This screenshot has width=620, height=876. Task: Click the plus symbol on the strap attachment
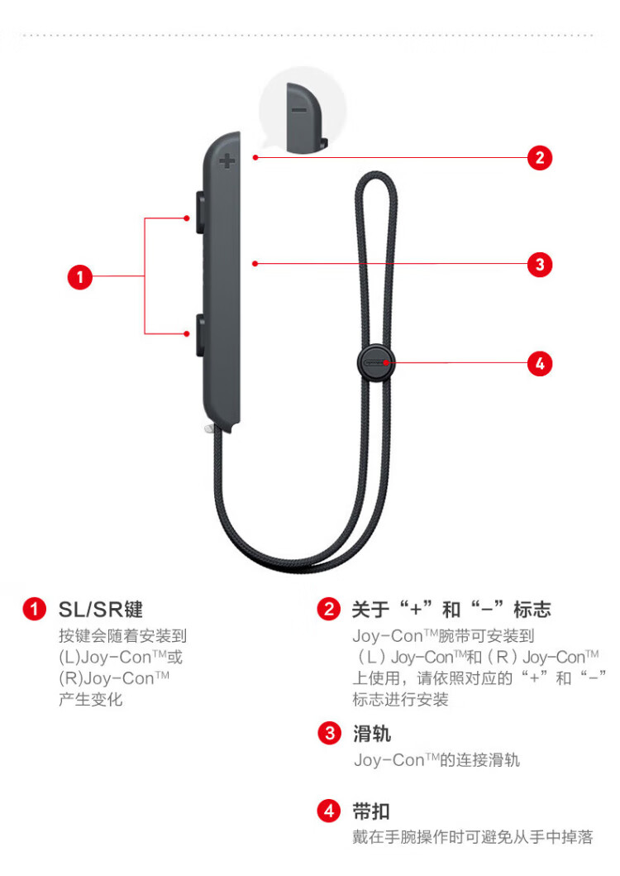[227, 161]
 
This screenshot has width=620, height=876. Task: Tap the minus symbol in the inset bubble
[298, 109]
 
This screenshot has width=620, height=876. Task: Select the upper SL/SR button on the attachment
[200, 213]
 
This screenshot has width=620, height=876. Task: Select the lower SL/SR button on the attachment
[200, 335]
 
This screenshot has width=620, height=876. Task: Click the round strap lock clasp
[376, 363]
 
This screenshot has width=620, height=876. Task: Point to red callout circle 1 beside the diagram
[80, 276]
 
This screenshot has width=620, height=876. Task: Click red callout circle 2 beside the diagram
[540, 158]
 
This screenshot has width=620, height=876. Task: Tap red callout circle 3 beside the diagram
[540, 264]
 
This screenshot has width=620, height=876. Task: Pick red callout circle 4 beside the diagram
[540, 364]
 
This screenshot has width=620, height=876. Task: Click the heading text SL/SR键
[101, 610]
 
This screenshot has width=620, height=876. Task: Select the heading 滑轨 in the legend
[371, 734]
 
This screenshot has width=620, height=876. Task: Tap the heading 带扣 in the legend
[371, 811]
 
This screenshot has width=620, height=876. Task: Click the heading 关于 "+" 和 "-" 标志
[451, 609]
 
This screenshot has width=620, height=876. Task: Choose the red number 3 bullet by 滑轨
[330, 734]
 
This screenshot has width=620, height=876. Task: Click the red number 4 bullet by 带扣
[329, 811]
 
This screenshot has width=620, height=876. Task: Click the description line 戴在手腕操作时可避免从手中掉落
[473, 837]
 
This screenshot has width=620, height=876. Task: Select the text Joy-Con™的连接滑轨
[436, 760]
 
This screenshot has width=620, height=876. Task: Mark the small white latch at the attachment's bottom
[209, 429]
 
